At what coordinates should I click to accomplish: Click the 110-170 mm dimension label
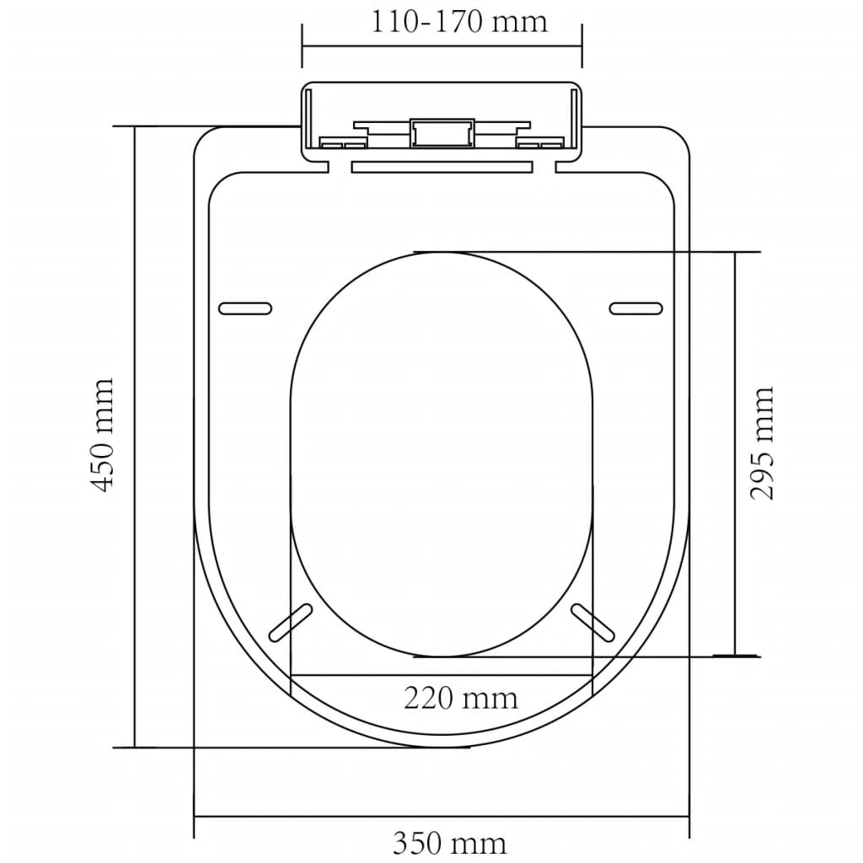[459, 20]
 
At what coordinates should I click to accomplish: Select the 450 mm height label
[103, 435]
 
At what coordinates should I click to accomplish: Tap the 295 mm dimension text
[762, 443]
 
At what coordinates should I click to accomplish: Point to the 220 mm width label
[460, 698]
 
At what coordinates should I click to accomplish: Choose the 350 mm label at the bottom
[449, 843]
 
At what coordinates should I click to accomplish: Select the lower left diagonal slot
[289, 623]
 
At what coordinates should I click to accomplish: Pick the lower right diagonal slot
[593, 623]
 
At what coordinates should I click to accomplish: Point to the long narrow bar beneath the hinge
[441, 167]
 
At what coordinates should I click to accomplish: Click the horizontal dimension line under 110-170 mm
[442, 45]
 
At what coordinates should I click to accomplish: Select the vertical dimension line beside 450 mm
[135, 435]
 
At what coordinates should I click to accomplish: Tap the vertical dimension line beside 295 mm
[736, 453]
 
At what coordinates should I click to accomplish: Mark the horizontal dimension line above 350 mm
[442, 817]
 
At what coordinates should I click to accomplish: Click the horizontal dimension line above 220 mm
[442, 674]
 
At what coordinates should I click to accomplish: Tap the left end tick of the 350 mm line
[195, 817]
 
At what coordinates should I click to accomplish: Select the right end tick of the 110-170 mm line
[582, 45]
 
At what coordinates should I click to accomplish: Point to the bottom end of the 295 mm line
[736, 655]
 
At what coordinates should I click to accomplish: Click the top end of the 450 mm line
[135, 126]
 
